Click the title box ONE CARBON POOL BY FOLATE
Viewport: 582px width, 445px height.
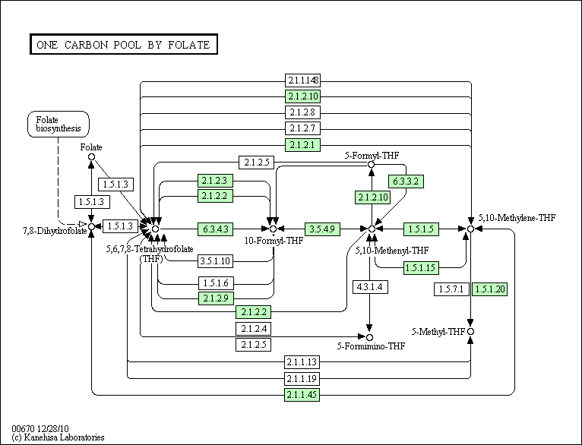click(x=124, y=45)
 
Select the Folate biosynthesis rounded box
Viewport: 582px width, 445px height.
click(x=59, y=125)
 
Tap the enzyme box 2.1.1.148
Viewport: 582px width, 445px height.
click(x=302, y=80)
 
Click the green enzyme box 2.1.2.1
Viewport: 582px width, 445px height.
click(x=302, y=144)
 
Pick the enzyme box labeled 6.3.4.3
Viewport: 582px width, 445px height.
click(x=215, y=229)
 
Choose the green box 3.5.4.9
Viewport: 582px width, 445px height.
click(x=323, y=229)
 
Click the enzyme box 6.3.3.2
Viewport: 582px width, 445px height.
click(x=406, y=181)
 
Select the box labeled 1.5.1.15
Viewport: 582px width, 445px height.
click(x=421, y=268)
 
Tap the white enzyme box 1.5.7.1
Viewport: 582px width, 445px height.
click(x=451, y=289)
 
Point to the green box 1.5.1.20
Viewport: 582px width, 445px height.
click(x=489, y=289)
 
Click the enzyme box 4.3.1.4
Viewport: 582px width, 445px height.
click(x=370, y=287)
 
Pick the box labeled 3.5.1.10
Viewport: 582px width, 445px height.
click(x=215, y=261)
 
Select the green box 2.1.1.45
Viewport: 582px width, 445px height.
click(x=302, y=395)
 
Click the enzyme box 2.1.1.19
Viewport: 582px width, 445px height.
click(x=302, y=379)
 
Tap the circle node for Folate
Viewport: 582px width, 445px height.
click(x=92, y=157)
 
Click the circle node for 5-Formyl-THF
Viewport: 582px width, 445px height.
click(x=371, y=164)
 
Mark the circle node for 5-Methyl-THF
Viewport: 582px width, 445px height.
click(x=470, y=332)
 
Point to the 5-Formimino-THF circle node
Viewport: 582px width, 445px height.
click(x=369, y=337)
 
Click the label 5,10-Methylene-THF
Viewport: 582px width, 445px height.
click(x=517, y=218)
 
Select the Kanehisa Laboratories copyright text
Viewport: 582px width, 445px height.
click(x=59, y=437)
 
